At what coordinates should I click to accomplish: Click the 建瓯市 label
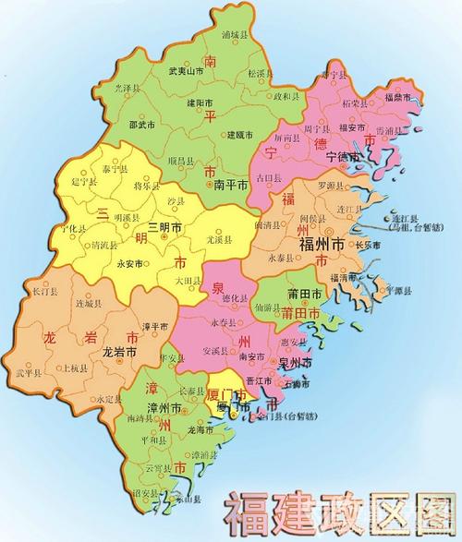point(243,136)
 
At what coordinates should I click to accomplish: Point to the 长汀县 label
point(45,291)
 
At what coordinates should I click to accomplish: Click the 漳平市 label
point(155,326)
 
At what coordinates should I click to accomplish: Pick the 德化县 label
point(237,298)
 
